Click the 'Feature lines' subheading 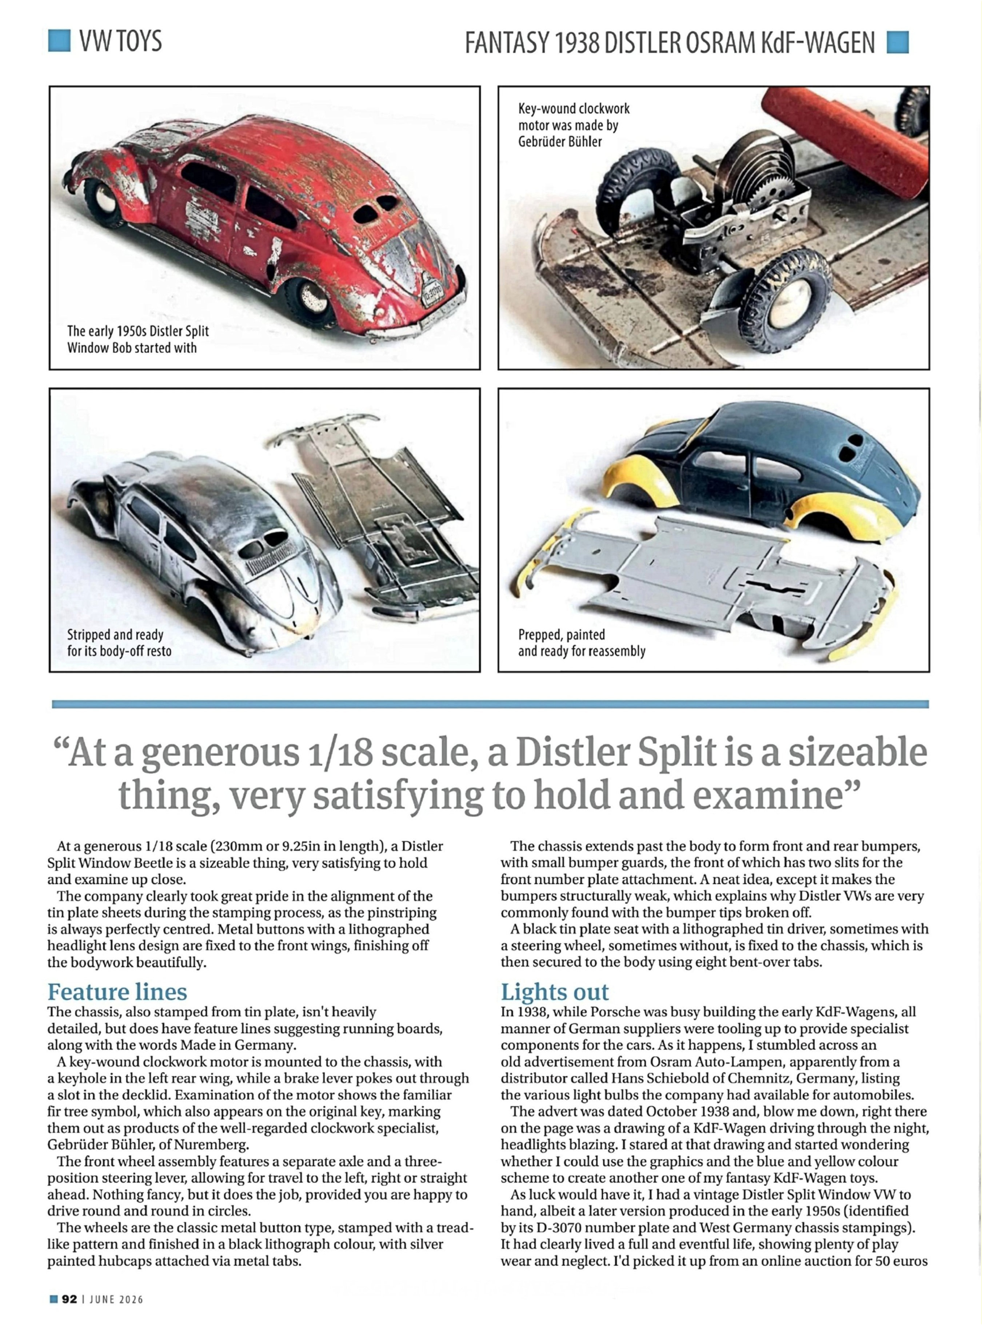coord(117,992)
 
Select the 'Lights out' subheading coord(555,992)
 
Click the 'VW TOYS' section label coord(120,41)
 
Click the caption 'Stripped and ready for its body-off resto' coord(119,643)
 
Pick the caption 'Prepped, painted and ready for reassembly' coord(581,643)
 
